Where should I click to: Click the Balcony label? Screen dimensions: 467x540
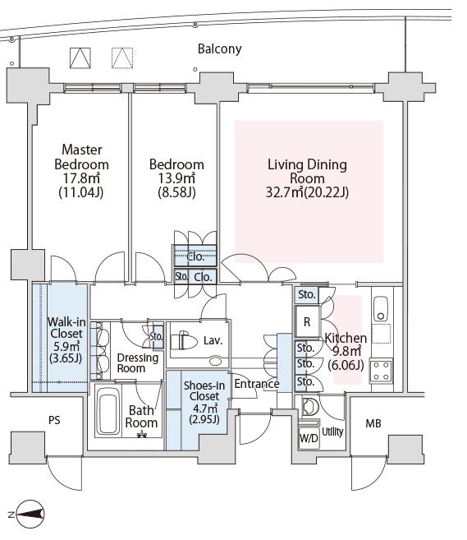click(219, 48)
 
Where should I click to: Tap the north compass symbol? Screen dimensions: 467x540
click(30, 515)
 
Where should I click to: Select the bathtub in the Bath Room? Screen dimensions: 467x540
click(108, 411)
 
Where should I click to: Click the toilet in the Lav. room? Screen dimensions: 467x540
click(183, 341)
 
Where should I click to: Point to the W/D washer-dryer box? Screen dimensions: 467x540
click(309, 438)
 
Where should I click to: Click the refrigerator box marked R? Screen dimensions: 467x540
click(307, 322)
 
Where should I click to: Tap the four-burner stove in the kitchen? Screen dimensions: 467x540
click(381, 371)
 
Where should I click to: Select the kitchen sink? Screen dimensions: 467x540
click(381, 308)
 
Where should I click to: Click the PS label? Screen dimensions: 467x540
click(54, 420)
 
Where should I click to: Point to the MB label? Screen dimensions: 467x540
click(373, 423)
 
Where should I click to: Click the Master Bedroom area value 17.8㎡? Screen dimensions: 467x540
click(81, 178)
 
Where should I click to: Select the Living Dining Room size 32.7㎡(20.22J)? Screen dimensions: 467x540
click(307, 192)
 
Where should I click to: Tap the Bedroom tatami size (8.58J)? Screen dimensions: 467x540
click(176, 192)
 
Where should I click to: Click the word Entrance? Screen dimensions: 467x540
click(257, 384)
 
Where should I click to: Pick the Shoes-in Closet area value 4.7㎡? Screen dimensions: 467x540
click(204, 408)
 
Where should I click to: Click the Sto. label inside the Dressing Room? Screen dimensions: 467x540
click(157, 336)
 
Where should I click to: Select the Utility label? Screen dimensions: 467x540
click(332, 432)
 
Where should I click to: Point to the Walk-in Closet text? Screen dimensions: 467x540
click(66, 328)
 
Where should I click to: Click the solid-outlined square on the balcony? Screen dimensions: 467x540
click(80, 58)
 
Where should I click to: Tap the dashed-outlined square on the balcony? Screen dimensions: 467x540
click(122, 58)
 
